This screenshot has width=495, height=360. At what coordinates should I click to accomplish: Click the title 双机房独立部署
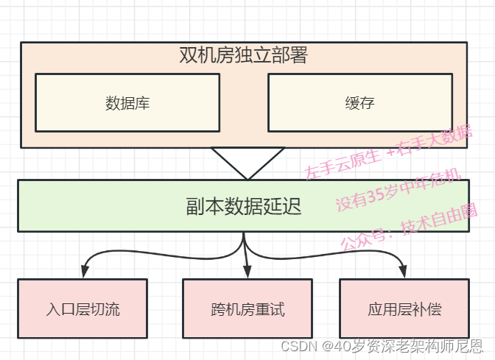click(x=243, y=56)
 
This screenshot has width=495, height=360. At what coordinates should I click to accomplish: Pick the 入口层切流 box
click(x=82, y=308)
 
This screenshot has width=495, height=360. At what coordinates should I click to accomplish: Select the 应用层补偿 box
click(x=404, y=308)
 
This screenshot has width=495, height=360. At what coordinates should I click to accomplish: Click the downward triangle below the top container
click(x=248, y=161)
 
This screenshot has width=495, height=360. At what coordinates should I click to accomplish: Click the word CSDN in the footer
click(x=298, y=346)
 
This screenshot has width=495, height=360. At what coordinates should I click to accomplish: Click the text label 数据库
click(x=127, y=103)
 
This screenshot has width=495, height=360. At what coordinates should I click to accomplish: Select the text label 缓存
click(x=359, y=103)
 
